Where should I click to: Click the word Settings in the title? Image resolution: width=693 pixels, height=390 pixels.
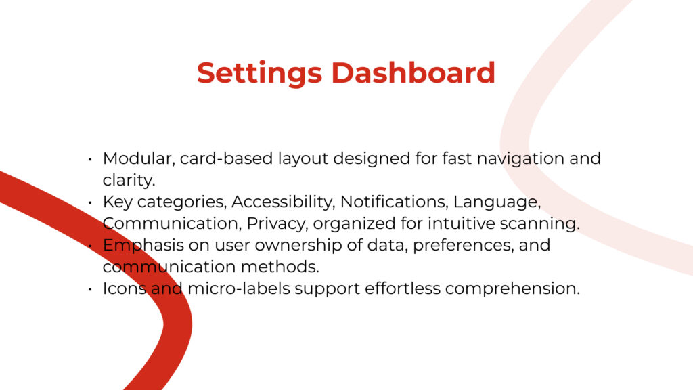(x=259, y=73)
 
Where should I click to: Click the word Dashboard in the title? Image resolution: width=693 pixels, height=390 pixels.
(x=413, y=72)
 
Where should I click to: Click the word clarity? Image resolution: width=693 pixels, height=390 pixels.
(x=129, y=181)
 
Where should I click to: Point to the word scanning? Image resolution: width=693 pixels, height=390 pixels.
(x=539, y=224)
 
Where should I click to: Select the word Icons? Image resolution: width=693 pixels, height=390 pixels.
(x=125, y=288)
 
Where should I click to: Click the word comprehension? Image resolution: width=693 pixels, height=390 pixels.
(x=512, y=289)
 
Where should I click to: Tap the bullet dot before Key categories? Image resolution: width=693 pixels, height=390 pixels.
(x=90, y=202)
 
